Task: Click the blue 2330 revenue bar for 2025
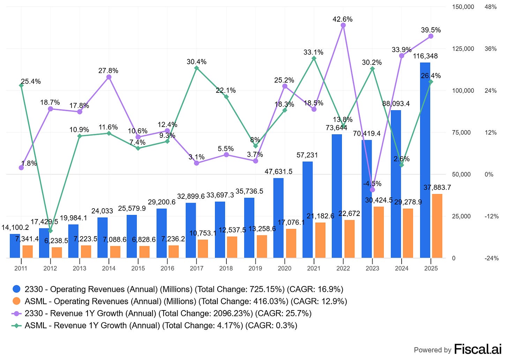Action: [x=425, y=160]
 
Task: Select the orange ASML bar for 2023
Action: [x=379, y=232]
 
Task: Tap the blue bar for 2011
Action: [x=15, y=246]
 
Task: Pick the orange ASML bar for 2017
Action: [x=203, y=249]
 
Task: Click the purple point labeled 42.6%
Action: [x=343, y=25]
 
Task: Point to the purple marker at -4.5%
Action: [x=372, y=190]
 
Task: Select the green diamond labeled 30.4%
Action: [x=196, y=68]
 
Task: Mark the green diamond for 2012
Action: [x=50, y=231]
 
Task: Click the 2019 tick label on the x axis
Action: [x=255, y=268]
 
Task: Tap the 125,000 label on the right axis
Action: [x=463, y=49]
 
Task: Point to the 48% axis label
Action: [x=490, y=7]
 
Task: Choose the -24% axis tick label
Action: [x=491, y=258]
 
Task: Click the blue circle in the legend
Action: [x=16, y=289]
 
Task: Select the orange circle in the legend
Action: [x=16, y=301]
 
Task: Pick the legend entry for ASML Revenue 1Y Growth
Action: [x=160, y=325]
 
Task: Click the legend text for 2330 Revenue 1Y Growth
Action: [x=168, y=313]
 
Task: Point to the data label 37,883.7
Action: [x=437, y=188]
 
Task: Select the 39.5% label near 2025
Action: [x=431, y=30]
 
